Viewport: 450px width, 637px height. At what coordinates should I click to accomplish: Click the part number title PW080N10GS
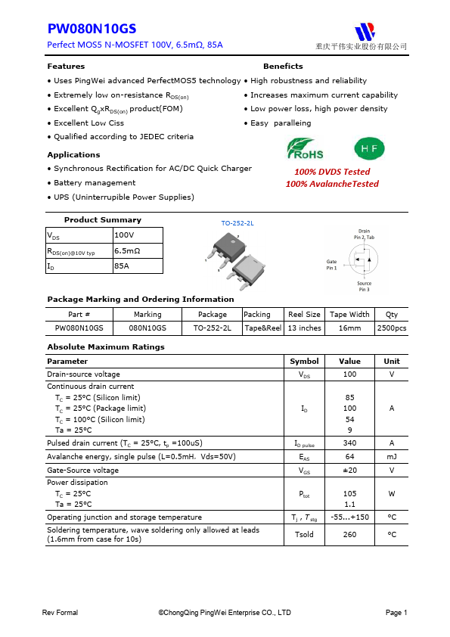coord(92,29)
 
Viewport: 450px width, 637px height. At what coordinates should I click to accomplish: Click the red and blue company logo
coord(366,31)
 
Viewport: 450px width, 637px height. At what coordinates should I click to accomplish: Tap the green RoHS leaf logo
coord(305,148)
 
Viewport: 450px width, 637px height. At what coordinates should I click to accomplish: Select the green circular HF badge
coord(369,148)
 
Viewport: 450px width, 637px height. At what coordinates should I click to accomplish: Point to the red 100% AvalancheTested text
coord(332,184)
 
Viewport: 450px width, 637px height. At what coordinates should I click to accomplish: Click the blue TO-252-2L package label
coord(237,224)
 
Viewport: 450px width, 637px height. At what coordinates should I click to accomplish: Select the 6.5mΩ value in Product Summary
coord(127,250)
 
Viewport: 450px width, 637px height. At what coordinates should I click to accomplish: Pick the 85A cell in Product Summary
coord(121,266)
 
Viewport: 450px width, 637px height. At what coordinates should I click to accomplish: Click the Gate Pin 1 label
coord(332,265)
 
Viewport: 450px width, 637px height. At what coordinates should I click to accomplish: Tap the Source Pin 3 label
coord(364,287)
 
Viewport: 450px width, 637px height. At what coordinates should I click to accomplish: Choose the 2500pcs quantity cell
coord(391,328)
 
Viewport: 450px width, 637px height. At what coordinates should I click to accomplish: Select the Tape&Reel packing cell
coord(262,328)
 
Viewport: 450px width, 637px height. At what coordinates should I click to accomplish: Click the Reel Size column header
coord(304,314)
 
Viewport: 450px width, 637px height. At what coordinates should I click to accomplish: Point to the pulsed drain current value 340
coord(349,443)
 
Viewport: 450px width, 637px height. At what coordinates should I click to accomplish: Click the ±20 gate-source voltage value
coord(349,470)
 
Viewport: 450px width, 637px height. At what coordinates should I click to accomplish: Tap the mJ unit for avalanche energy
coord(392,457)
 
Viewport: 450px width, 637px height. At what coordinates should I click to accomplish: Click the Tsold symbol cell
coord(304,534)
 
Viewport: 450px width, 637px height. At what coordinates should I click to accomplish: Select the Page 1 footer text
coord(396,613)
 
